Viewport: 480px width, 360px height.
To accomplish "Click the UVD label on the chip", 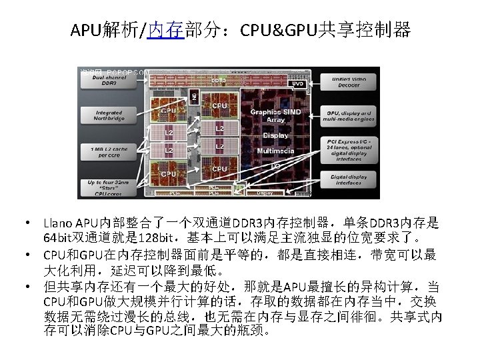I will tap(299, 84).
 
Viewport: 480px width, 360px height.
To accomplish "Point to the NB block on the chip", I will tap(195, 97).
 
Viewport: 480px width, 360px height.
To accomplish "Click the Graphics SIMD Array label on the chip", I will tap(275, 115).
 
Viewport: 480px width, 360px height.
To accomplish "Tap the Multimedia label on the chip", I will tap(275, 151).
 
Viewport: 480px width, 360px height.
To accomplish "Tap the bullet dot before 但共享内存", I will tap(29, 287).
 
